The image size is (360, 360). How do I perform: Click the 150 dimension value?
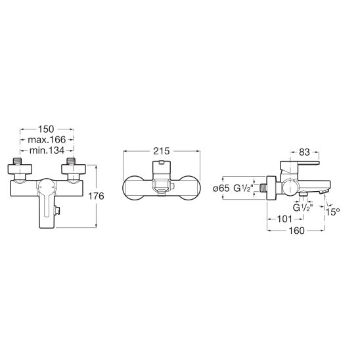point(46,129)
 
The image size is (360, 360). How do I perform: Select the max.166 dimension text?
point(47,139)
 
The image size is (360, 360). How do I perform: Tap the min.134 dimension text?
point(47,150)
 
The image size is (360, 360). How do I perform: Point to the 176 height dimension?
point(96,196)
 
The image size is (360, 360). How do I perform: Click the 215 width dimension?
point(162,151)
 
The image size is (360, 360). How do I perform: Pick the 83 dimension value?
point(304,152)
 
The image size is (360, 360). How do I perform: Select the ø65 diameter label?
point(221,189)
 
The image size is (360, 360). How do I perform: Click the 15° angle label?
point(332,212)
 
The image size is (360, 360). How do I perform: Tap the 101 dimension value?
point(284,219)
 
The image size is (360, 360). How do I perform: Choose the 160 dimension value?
point(296,231)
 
